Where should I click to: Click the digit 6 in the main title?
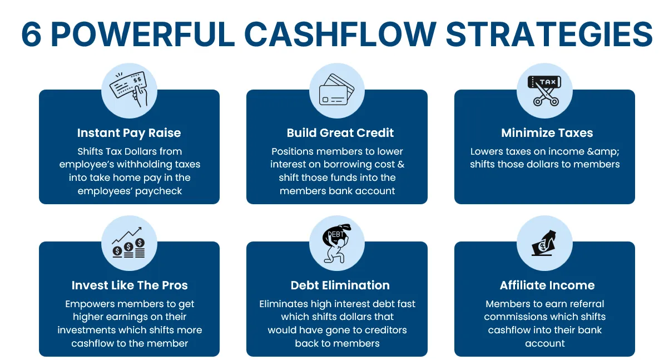(x=31, y=34)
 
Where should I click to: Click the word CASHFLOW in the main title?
(x=340, y=34)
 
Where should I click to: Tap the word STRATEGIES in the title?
(x=549, y=34)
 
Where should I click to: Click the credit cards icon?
(x=336, y=90)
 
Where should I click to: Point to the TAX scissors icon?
(x=544, y=90)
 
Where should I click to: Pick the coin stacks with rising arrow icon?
(x=128, y=242)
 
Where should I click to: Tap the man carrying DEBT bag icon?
(x=336, y=243)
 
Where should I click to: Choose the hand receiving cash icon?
(x=544, y=243)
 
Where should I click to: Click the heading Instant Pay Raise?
(x=128, y=133)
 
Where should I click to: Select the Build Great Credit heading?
(x=340, y=132)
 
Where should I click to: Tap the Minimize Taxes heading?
(x=547, y=132)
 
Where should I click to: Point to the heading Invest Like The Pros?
(x=129, y=285)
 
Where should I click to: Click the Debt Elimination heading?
(x=340, y=285)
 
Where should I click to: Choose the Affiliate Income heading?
(x=547, y=285)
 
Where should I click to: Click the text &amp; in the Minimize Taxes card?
(x=603, y=152)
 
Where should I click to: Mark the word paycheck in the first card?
(x=158, y=191)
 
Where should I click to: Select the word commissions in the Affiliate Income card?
(x=516, y=317)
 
